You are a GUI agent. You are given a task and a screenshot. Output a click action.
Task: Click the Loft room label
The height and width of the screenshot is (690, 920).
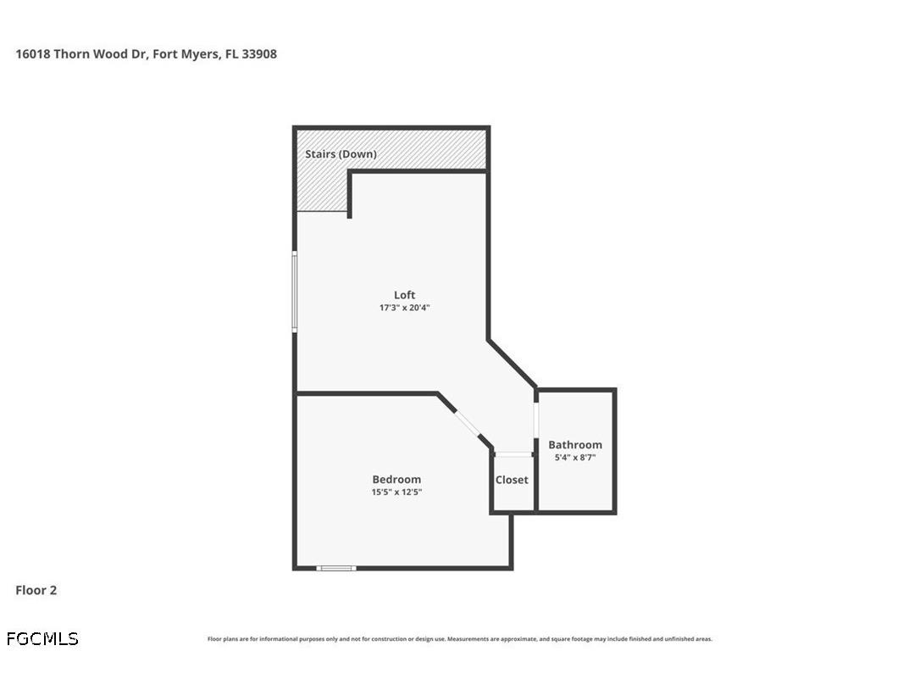coord(404,295)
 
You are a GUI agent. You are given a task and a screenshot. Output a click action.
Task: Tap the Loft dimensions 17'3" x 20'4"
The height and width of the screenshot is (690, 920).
coord(404,308)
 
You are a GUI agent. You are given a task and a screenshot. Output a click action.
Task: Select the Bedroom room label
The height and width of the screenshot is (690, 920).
coord(396,479)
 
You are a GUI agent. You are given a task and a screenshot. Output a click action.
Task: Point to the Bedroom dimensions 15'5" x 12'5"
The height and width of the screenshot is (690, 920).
coord(396,492)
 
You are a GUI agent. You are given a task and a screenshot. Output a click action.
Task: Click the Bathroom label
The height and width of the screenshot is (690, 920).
coord(575,444)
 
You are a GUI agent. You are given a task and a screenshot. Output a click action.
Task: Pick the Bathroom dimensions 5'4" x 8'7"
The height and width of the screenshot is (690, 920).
coord(575,457)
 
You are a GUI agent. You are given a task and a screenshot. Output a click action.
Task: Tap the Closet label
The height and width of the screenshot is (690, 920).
coord(512,480)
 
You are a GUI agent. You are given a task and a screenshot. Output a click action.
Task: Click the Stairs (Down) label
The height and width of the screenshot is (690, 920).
coord(341,154)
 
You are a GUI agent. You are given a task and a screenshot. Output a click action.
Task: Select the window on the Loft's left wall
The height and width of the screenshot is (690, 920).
coord(294,291)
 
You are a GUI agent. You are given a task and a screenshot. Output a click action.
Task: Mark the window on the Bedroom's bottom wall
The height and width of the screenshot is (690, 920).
coord(336,568)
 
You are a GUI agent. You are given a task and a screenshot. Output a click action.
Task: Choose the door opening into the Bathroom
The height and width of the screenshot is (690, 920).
coord(535,420)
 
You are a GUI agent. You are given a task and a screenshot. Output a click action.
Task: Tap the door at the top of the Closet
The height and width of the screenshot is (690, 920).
coord(513,455)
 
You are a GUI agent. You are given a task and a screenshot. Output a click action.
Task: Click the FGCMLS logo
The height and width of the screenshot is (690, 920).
coord(42,638)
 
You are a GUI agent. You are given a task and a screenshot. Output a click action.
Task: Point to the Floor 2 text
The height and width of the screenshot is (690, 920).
coord(36,590)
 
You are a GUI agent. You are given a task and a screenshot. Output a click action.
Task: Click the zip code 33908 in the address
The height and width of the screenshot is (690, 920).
coord(259,53)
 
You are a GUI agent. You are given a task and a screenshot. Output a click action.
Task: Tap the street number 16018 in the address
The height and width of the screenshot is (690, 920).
coord(32,53)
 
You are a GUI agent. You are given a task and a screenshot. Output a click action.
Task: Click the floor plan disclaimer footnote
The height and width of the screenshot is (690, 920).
coord(460,639)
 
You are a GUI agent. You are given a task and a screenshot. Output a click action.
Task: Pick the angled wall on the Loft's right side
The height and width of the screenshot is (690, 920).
coord(512,364)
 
